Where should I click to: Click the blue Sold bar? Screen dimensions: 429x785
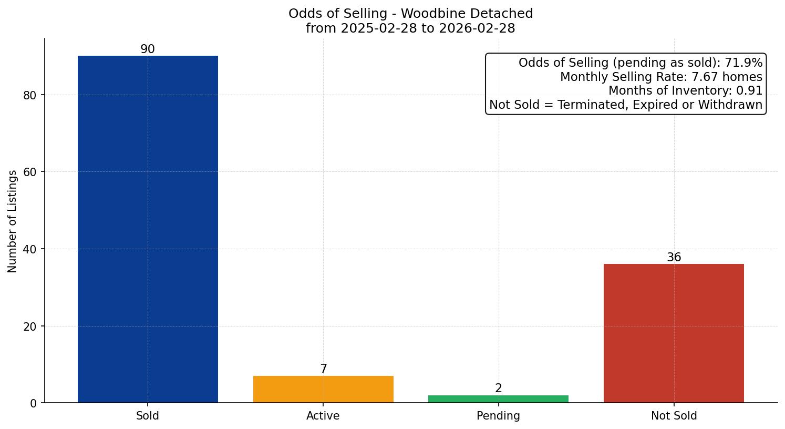(148, 229)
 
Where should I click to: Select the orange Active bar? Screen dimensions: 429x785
(323, 389)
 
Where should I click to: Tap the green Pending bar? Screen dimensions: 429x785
(498, 399)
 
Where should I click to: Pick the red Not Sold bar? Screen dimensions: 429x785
(674, 333)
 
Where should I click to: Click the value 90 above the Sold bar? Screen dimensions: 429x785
(148, 49)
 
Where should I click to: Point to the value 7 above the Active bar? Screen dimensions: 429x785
(324, 369)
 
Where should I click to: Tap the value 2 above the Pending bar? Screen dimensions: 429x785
(499, 389)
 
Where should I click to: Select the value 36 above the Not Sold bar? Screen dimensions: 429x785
(674, 258)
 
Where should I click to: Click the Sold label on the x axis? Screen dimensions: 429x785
(148, 416)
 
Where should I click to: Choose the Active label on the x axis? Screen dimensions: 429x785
(323, 416)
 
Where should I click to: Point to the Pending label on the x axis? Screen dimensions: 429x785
(498, 416)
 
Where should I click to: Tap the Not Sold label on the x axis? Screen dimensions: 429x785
(674, 416)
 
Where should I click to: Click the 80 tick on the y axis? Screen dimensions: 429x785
(30, 95)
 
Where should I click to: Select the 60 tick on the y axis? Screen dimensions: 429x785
(30, 172)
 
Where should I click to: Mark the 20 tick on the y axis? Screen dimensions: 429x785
(30, 326)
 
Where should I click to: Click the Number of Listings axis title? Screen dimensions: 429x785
(13, 221)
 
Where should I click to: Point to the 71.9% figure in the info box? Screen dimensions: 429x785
(743, 63)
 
